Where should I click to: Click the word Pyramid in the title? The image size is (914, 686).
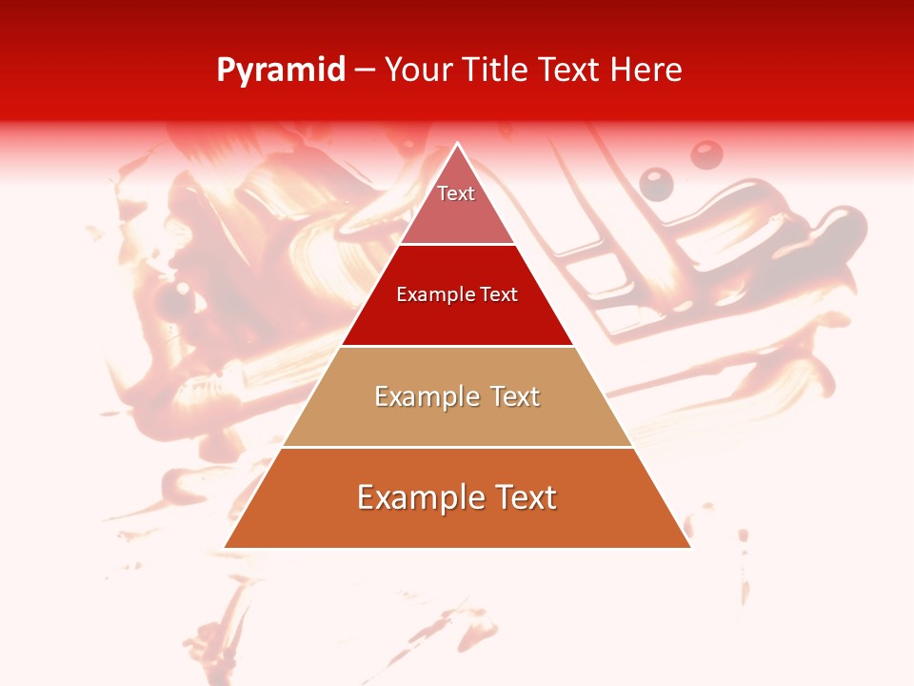click(280, 71)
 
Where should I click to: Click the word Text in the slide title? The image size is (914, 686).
click(569, 70)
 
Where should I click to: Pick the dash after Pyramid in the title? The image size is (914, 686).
click(365, 71)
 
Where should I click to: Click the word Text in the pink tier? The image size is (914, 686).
click(456, 193)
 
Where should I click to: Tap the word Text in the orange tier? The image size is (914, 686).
click(522, 497)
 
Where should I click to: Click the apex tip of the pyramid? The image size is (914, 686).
click(457, 145)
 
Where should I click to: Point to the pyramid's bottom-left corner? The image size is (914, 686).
click(226, 547)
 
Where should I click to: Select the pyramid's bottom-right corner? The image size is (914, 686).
click(689, 547)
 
